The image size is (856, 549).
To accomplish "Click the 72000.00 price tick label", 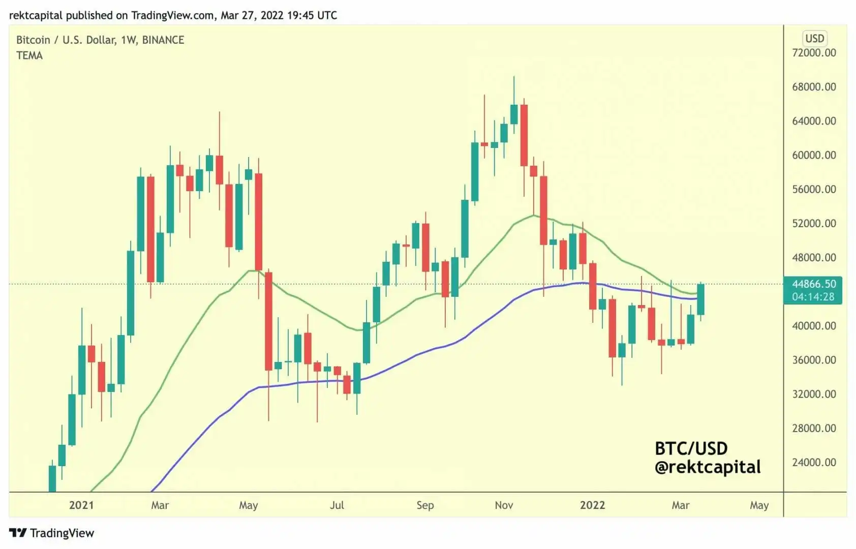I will (814, 53).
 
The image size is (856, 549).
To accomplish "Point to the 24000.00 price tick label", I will (814, 463).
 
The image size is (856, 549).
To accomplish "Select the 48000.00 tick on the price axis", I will (814, 258).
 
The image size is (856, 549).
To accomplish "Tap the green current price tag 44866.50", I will (814, 284).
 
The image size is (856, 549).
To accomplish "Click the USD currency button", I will (814, 39).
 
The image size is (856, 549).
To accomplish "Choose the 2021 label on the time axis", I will (81, 505).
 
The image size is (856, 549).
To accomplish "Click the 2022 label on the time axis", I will (592, 505).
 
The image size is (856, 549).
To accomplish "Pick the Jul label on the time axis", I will (337, 505).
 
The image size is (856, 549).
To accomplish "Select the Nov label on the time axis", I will (504, 505).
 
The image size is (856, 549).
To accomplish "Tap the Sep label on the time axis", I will (425, 505).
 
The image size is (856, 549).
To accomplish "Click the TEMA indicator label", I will (29, 56).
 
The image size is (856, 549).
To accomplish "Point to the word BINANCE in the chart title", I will (163, 40).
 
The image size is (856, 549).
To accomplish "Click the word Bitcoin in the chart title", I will (33, 40).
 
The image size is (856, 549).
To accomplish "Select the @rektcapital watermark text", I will (708, 467).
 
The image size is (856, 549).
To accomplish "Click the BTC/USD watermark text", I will (691, 448).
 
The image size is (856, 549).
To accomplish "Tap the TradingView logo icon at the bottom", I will (18, 533).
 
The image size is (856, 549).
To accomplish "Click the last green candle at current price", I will (700, 299).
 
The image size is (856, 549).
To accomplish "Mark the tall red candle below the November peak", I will (524, 135).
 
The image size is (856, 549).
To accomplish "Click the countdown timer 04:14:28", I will (813, 297).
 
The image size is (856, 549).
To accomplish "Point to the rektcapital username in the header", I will (36, 15).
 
